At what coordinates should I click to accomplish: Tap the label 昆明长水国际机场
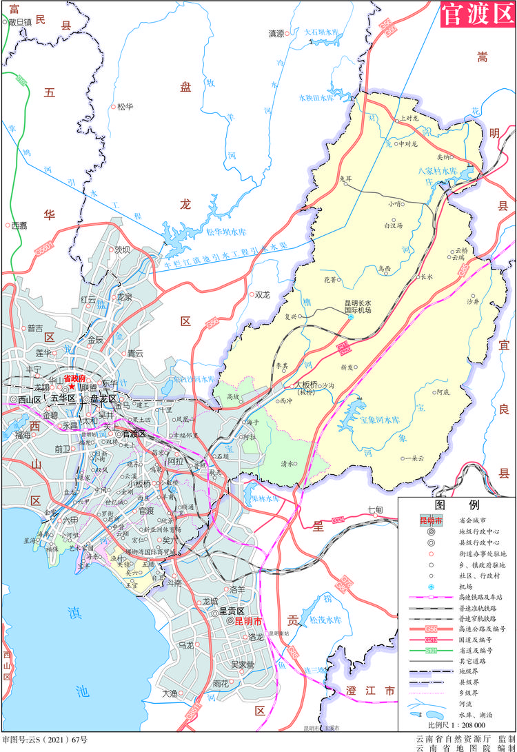coord(358,306)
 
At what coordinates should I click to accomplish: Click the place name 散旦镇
coord(19,22)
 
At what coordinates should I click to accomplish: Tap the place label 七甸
coord(375,509)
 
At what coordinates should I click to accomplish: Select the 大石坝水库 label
coord(322,32)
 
